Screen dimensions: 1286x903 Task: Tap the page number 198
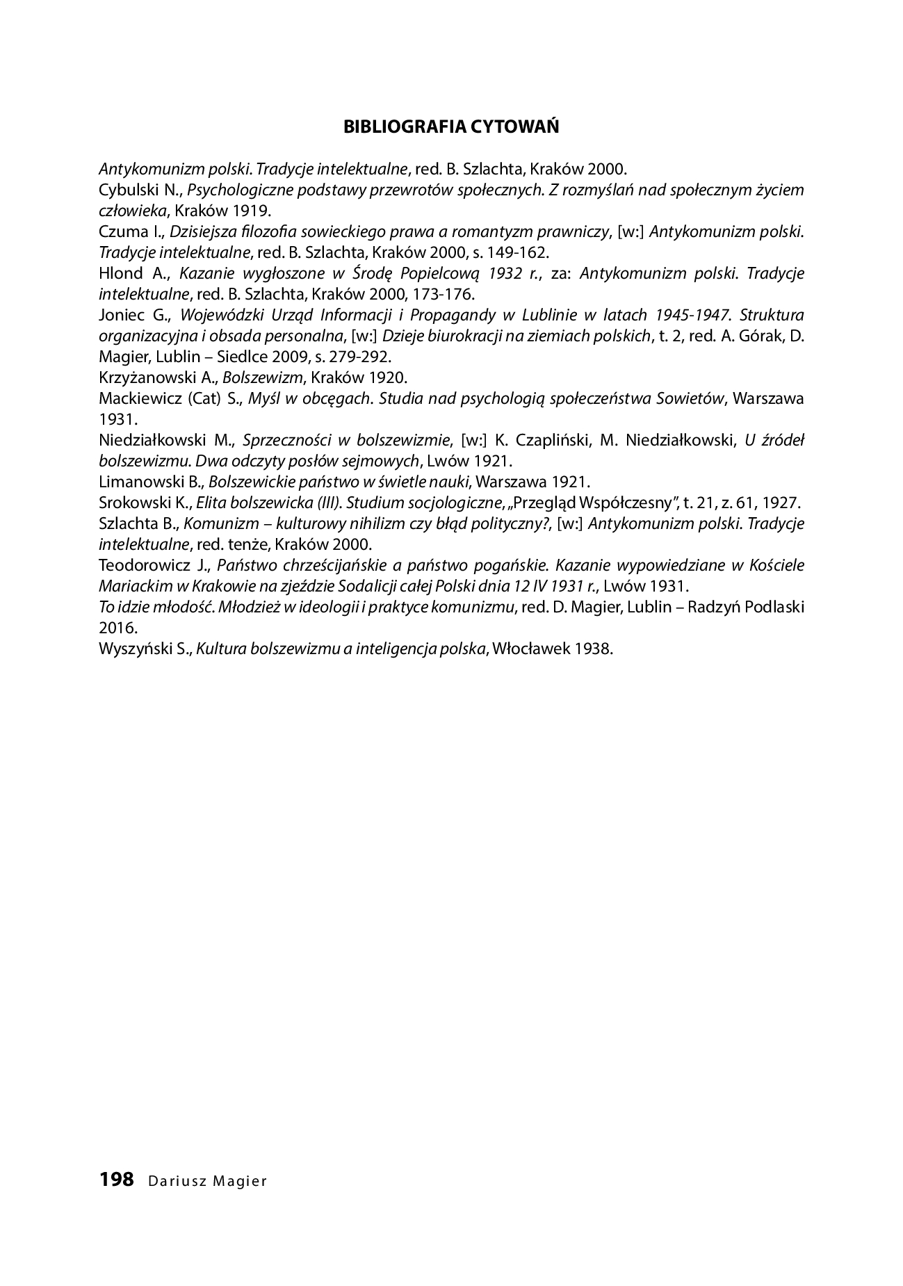pyautogui.click(x=116, y=1180)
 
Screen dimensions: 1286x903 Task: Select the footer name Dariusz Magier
pyautogui.click(x=207, y=1181)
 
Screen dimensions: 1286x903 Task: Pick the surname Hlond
pyautogui.click(x=119, y=273)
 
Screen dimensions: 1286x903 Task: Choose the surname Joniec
pyautogui.click(x=122, y=315)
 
